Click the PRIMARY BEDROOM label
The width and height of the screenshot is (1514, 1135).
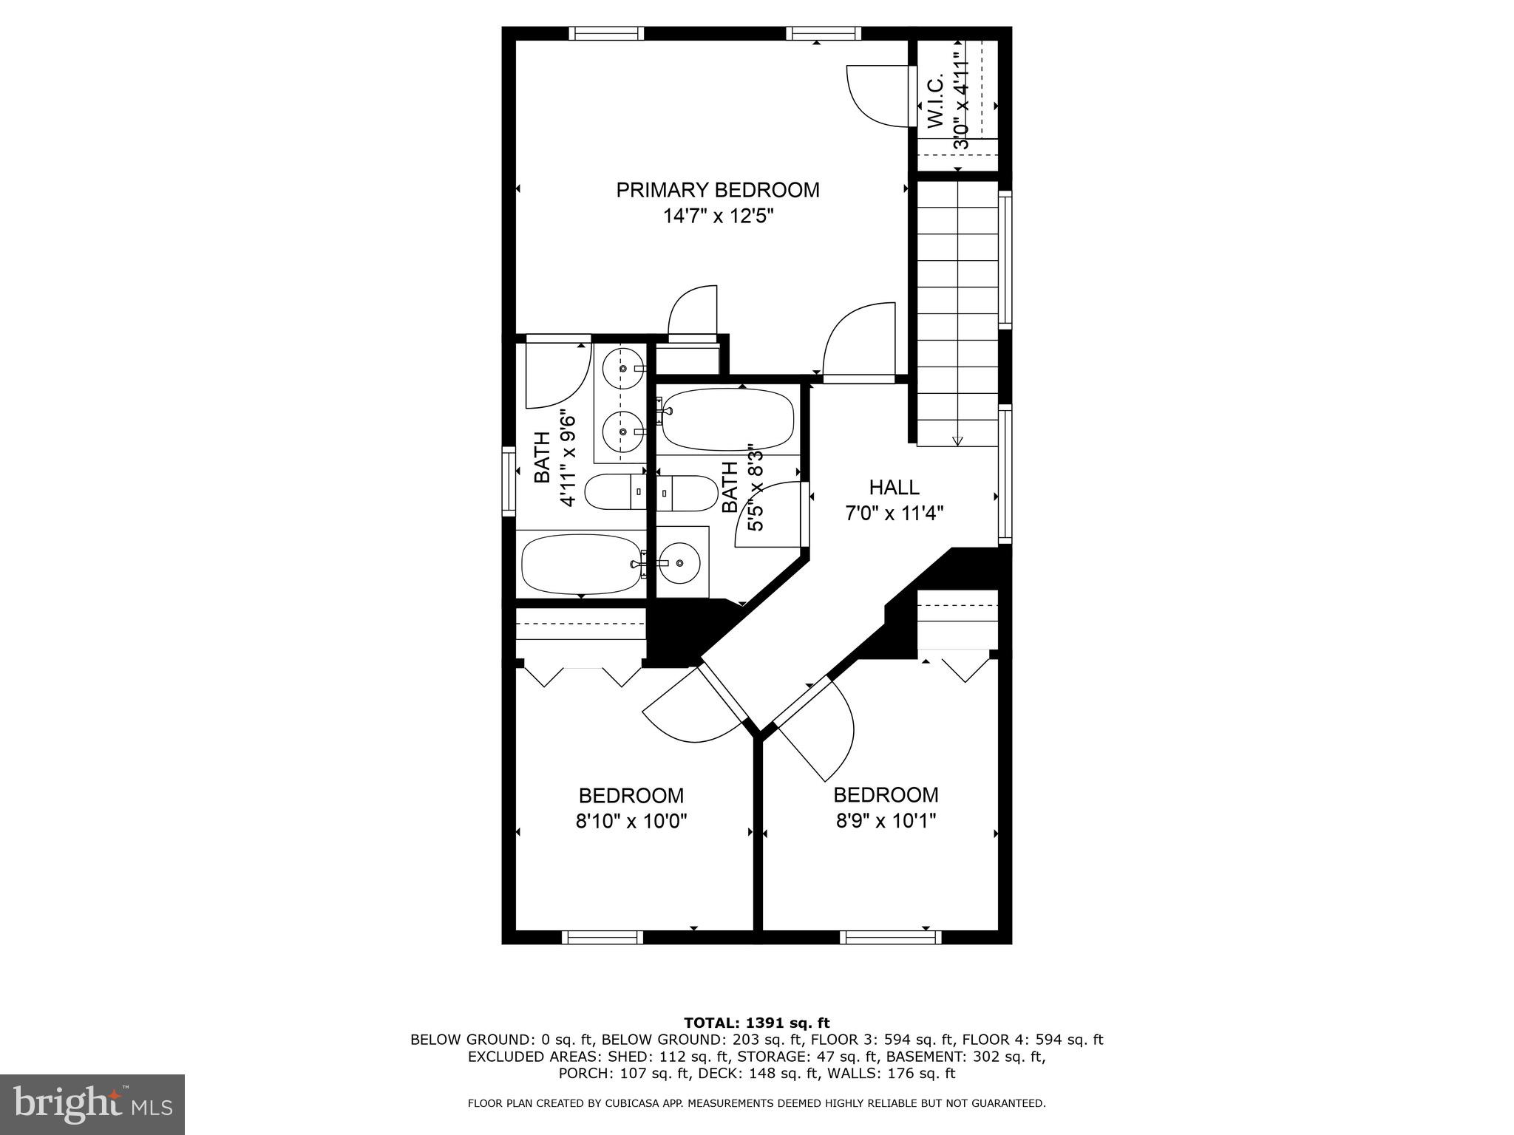pyautogui.click(x=718, y=190)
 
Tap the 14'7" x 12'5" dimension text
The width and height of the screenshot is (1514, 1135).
pyautogui.click(x=718, y=217)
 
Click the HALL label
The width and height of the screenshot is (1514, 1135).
pyautogui.click(x=894, y=488)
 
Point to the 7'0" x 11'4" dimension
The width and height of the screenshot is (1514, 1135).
pyautogui.click(x=894, y=513)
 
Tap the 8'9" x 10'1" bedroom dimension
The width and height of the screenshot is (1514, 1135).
pyautogui.click(x=886, y=821)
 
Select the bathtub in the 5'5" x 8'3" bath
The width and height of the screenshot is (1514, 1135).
pyautogui.click(x=727, y=420)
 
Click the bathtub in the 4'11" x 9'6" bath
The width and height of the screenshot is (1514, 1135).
pyautogui.click(x=580, y=564)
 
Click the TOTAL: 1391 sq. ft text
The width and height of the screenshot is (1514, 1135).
pyautogui.click(x=756, y=1023)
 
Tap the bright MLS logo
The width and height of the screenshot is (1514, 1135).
pyautogui.click(x=92, y=1105)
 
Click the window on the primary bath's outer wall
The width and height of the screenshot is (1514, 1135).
pyautogui.click(x=509, y=481)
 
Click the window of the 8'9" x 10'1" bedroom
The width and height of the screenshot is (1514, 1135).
pyautogui.click(x=890, y=938)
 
